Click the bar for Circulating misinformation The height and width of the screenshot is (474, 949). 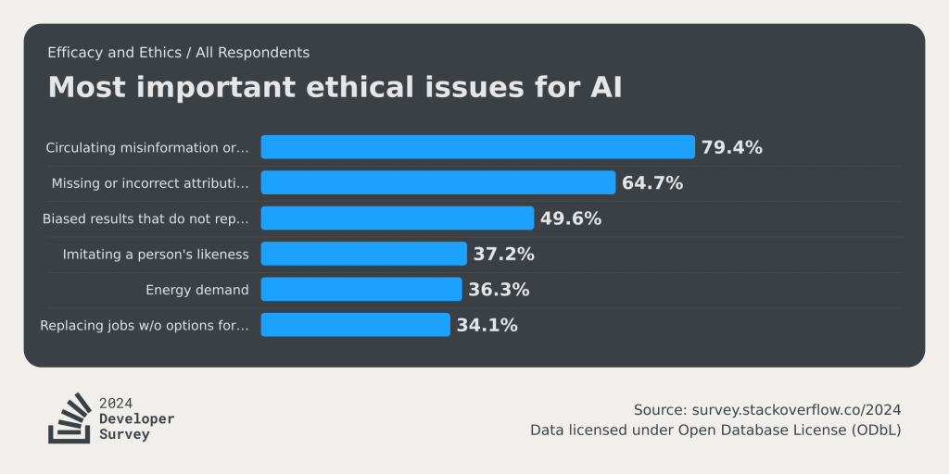477,147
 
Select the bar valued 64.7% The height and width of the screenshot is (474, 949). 437,182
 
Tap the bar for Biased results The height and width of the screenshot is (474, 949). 397,218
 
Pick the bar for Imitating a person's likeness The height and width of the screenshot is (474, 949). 363,254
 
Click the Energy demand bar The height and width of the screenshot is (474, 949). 361,290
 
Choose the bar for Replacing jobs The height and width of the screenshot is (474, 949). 355,325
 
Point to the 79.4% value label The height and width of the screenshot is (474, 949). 732,147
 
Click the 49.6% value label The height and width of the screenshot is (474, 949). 571,218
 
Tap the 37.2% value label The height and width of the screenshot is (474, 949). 503,254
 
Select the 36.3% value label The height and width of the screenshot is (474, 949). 499,290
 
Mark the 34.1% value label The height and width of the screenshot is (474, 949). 487,325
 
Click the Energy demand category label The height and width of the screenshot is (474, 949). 197,290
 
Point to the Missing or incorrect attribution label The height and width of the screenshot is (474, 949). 150,183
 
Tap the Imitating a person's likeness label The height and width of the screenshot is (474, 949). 156,254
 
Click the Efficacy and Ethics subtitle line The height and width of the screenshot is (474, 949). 179,53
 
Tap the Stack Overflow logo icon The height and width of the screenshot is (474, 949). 70,418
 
